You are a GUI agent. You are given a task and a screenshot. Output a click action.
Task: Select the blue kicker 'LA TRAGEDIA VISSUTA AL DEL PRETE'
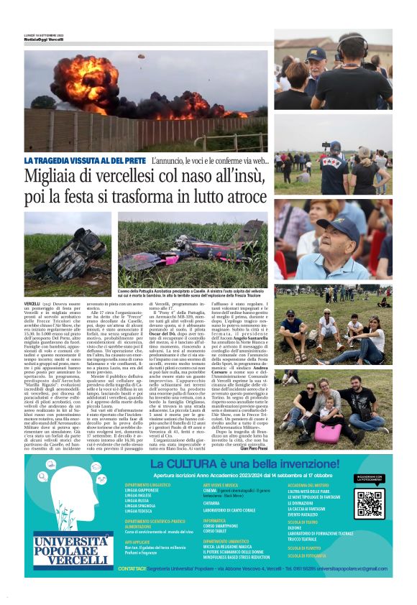tap(85, 160)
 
